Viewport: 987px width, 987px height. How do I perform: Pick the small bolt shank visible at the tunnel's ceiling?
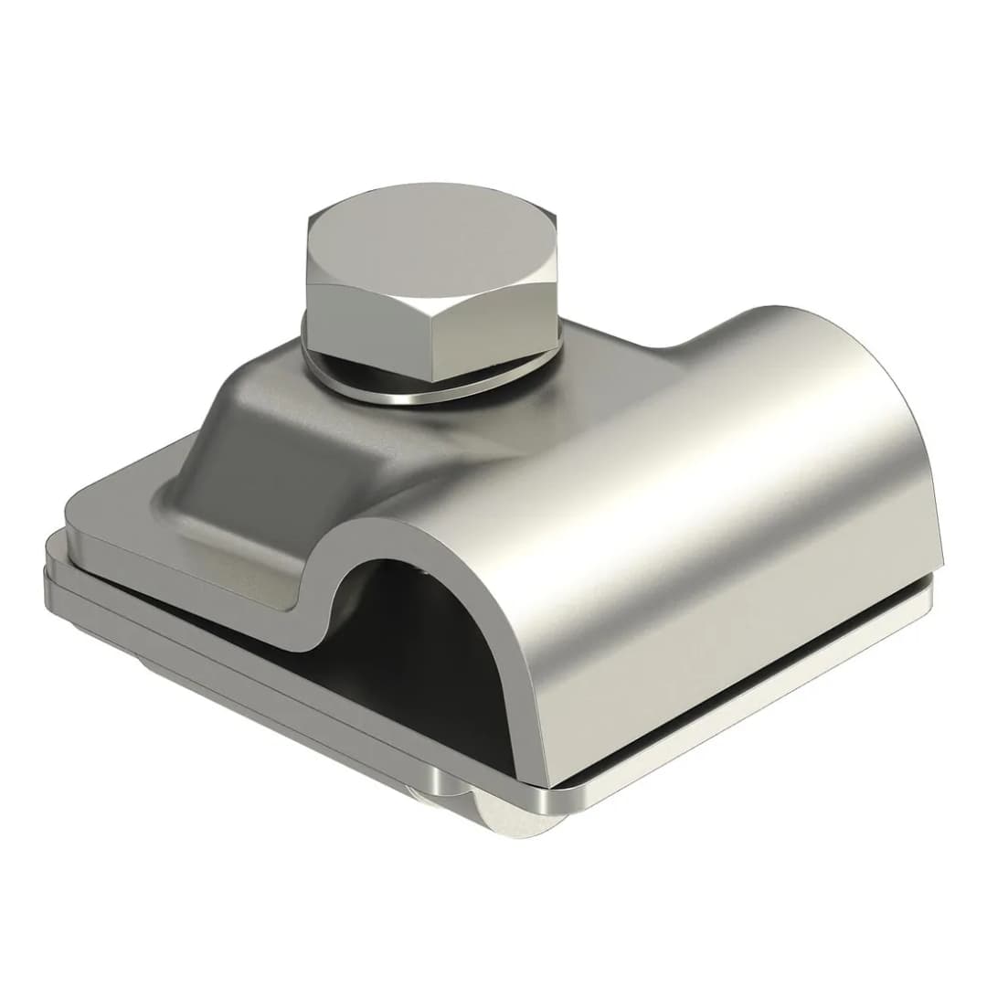click(x=426, y=571)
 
